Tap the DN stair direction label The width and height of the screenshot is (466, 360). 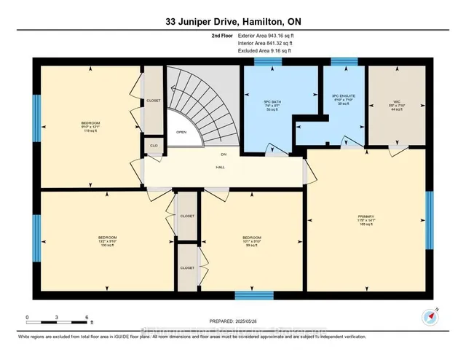coord(224,154)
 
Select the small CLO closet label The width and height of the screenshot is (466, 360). coord(154,145)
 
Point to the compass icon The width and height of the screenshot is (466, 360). coord(427,317)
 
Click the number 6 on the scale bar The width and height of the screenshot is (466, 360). coord(87,317)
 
